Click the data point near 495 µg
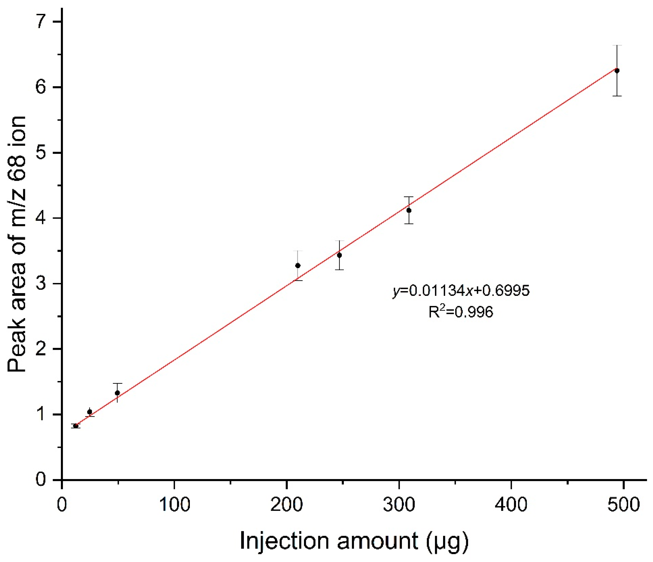point(617,71)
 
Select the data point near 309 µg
point(409,210)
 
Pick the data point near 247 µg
point(339,255)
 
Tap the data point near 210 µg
point(298,265)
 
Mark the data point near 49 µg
point(117,393)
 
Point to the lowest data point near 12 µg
point(76,426)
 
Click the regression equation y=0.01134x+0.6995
point(461,290)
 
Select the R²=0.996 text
point(461,312)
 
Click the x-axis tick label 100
point(174,505)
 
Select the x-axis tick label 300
point(399,505)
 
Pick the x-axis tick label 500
point(623,505)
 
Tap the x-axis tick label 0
point(62,505)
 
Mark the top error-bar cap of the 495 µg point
point(617,45)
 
